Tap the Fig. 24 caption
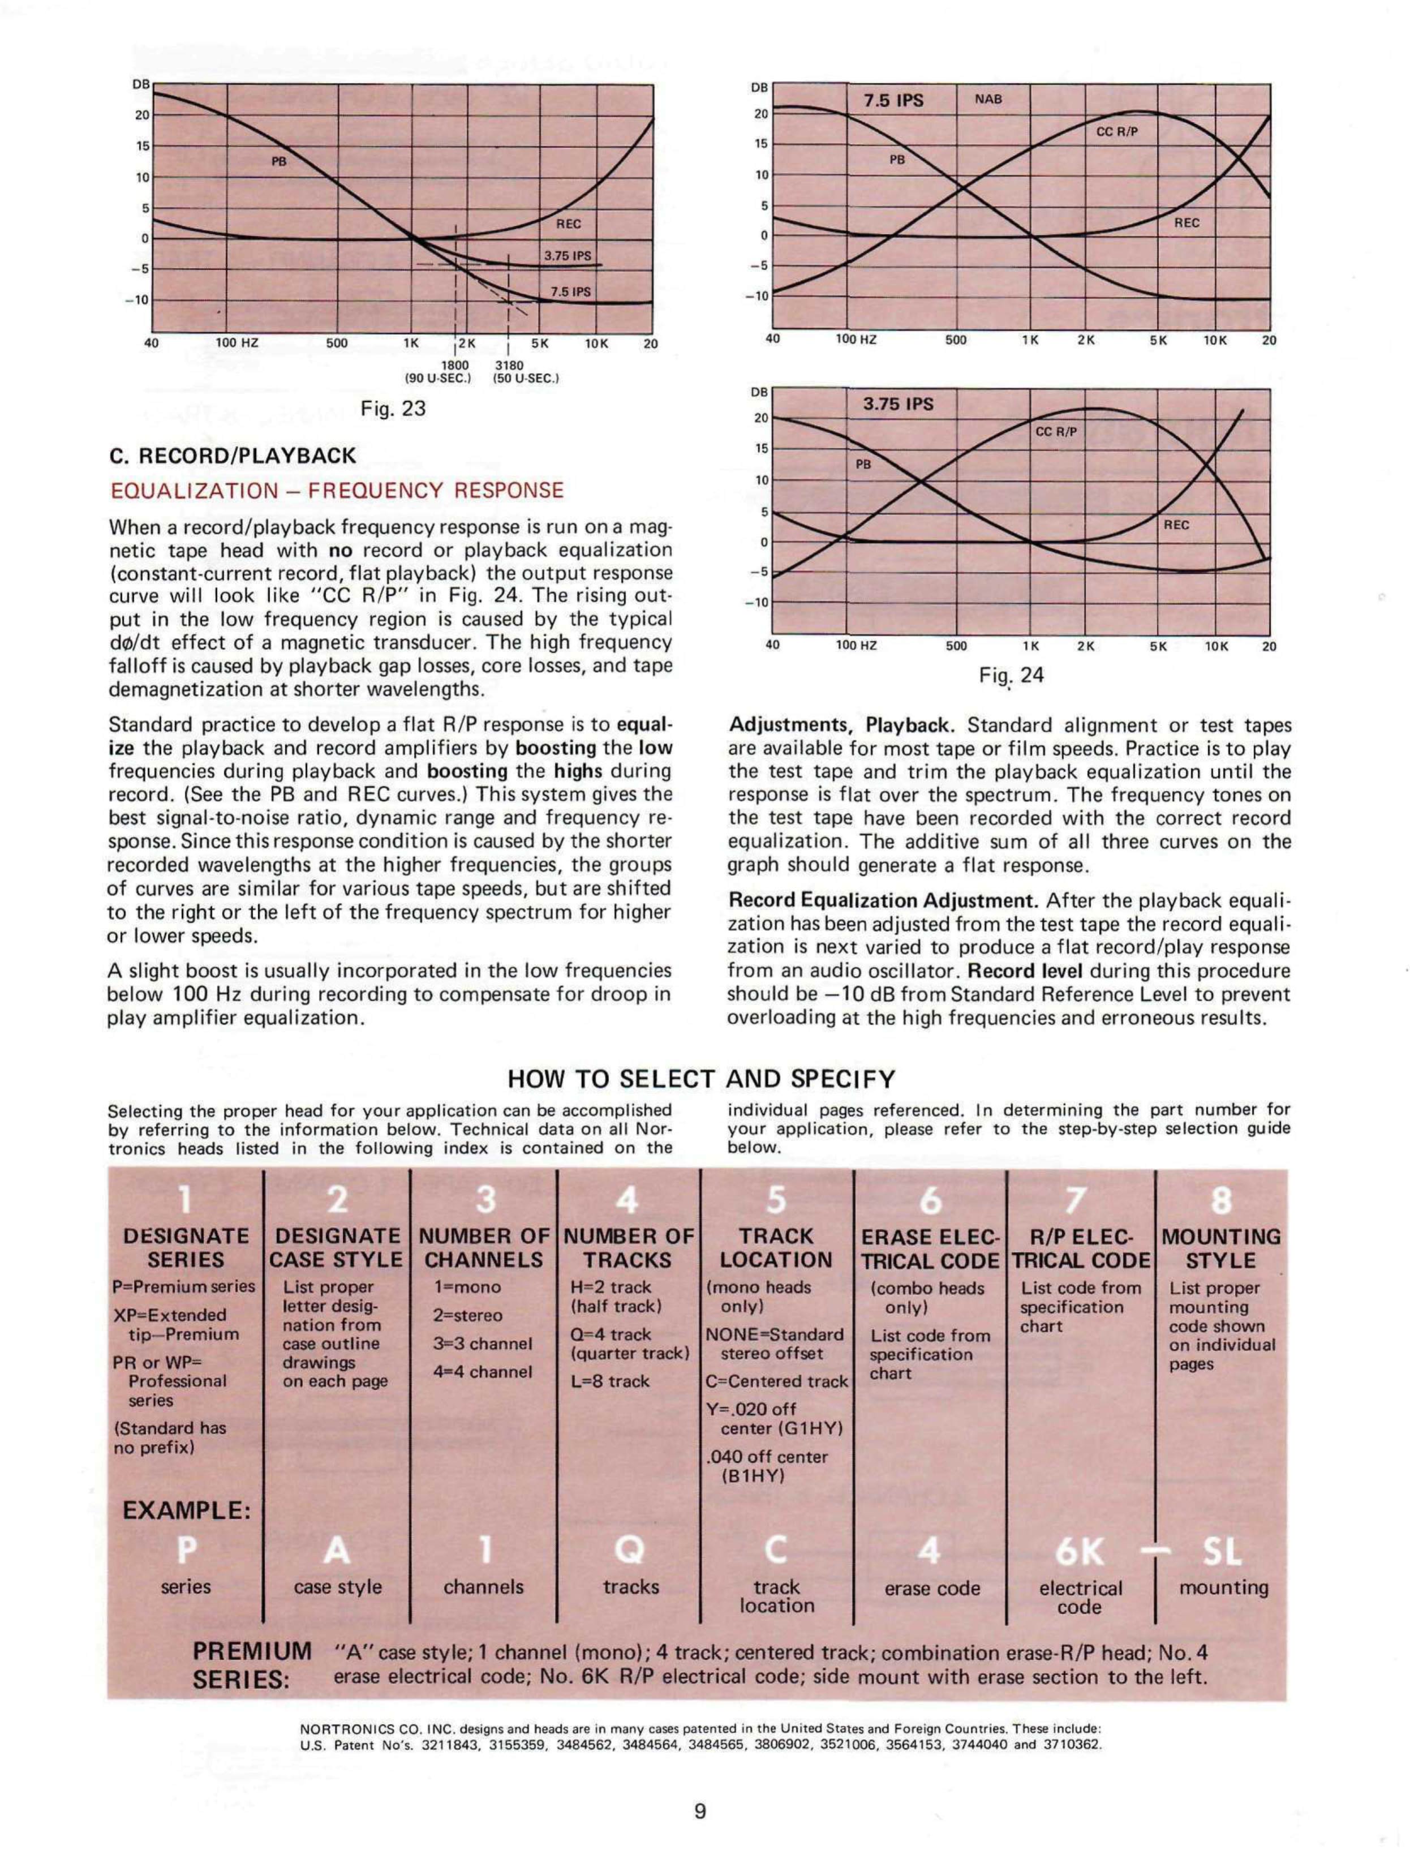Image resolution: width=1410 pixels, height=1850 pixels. (x=1011, y=675)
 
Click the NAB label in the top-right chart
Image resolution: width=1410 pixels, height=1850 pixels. (x=988, y=99)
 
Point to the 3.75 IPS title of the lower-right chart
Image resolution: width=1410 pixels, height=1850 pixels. (x=898, y=405)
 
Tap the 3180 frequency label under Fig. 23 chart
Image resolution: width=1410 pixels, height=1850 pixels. (x=509, y=365)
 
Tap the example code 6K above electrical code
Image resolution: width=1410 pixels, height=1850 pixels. (x=1080, y=1553)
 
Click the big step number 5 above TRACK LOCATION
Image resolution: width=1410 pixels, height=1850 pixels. (x=776, y=1202)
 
